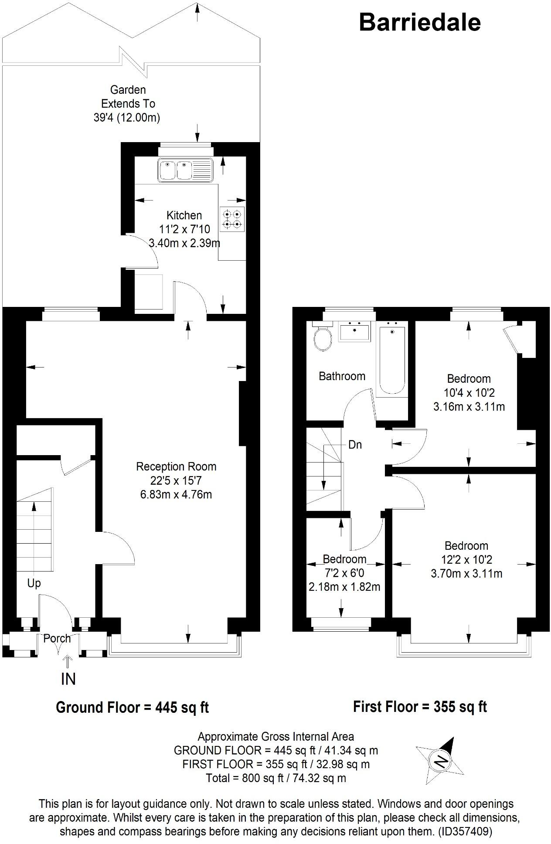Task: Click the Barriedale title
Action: coord(419,23)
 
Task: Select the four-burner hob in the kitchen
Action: coord(232,219)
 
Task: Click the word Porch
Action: coord(57,639)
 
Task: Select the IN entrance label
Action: coord(68,679)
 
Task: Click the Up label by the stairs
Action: coord(34,583)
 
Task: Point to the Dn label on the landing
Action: coord(355,445)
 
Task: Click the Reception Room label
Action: coord(176,467)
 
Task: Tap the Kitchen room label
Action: coord(184,215)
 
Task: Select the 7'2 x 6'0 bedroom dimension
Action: coord(344,573)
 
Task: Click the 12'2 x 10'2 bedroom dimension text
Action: coord(466,560)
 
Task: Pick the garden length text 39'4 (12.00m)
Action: coord(127,118)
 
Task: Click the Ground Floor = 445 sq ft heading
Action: coord(133,707)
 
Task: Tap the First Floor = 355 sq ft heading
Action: coord(419,706)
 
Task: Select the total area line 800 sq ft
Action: coord(275,778)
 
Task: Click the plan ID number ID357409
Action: coord(465,831)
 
